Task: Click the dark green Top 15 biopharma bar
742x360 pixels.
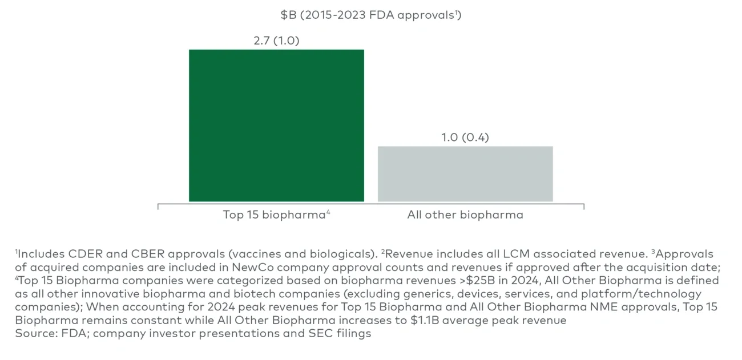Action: [x=276, y=126]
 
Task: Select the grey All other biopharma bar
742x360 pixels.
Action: [x=465, y=173]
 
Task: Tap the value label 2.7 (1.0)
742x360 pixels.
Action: [x=276, y=41]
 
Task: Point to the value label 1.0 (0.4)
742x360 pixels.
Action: [x=465, y=137]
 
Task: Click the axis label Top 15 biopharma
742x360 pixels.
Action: [x=273, y=215]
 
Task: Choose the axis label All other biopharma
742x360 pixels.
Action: [x=465, y=215]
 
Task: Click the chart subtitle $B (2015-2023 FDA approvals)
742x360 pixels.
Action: [x=370, y=15]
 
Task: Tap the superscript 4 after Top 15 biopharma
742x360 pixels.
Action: [x=329, y=213]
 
